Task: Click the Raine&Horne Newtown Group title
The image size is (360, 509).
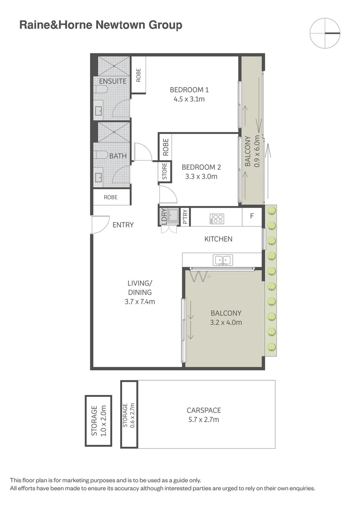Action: click(100, 25)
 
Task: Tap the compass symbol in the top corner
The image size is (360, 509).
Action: click(325, 33)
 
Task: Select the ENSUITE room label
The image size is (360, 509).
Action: click(112, 81)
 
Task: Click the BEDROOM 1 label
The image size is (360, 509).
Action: click(189, 90)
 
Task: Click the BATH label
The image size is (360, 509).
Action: click(118, 156)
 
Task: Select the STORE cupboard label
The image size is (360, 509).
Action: click(164, 172)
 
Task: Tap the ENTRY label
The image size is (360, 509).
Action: click(123, 225)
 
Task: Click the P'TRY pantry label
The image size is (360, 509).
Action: click(185, 216)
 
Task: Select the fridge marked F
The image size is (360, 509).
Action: click(252, 217)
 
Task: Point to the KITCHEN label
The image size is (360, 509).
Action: click(218, 239)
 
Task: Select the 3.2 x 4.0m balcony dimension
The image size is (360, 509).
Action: click(226, 322)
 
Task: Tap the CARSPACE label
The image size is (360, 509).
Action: click(204, 410)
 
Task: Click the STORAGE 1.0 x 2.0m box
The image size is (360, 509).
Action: click(98, 421)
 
